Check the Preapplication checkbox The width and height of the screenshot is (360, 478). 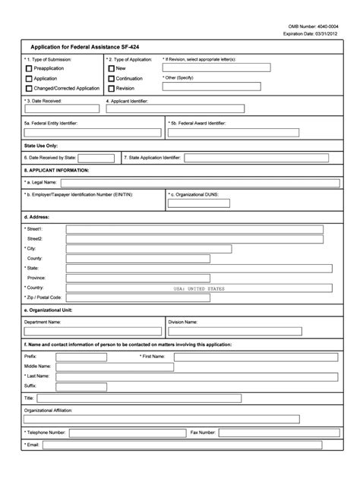pos(28,68)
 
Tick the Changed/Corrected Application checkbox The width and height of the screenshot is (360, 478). pos(28,88)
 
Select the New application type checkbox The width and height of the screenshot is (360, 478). pos(111,68)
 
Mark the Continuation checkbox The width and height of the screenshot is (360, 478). pos(111,78)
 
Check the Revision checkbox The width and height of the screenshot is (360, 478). pos(111,88)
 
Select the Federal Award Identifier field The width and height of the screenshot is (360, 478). pos(250,132)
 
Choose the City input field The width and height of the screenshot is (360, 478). pos(149,248)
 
